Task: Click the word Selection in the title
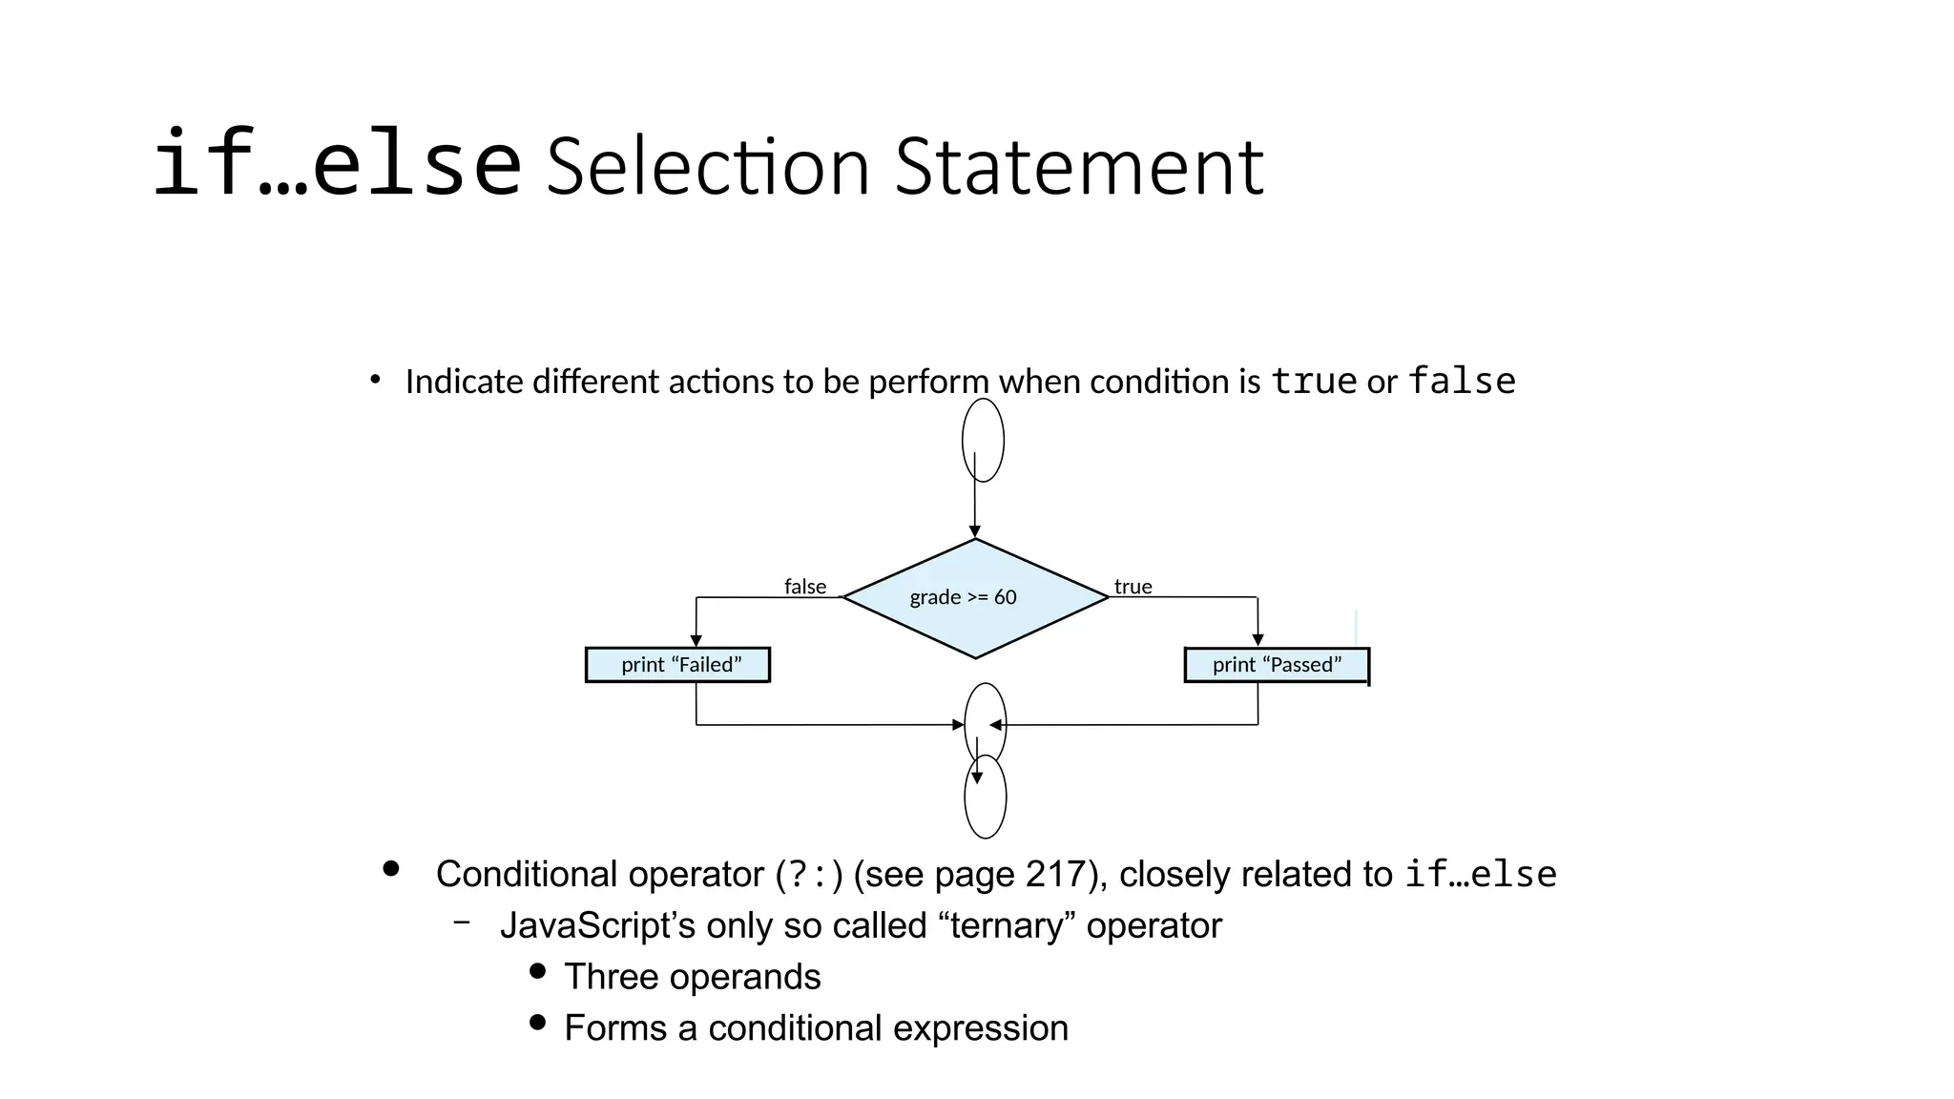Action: click(707, 167)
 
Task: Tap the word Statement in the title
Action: click(1079, 167)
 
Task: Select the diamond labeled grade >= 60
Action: click(975, 598)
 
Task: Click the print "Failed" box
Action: click(677, 665)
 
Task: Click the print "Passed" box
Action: click(1277, 665)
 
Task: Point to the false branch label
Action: click(805, 587)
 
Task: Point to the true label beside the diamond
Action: click(1133, 587)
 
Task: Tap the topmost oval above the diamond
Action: click(983, 440)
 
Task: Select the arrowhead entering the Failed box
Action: click(696, 640)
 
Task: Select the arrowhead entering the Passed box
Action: click(1258, 640)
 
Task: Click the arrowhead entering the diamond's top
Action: click(974, 531)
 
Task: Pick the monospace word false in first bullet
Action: click(1462, 381)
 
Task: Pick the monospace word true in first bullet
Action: click(1314, 381)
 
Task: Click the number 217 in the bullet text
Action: click(1056, 874)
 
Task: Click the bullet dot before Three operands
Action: click(537, 971)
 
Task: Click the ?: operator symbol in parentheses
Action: click(810, 875)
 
